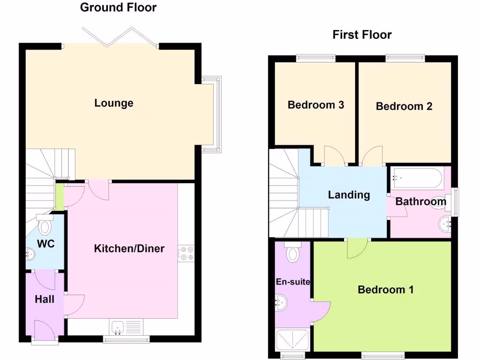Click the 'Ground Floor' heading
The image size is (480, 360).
pos(118,7)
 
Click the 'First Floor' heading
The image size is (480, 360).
pos(362,35)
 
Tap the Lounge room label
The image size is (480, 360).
pos(114,103)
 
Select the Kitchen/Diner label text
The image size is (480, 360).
pos(129,248)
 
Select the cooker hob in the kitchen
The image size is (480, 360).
pos(187,253)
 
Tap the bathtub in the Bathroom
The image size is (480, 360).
pos(416,178)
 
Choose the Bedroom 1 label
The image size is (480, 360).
pos(385,290)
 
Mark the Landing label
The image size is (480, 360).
pos(349,195)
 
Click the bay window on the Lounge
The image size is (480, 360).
pos(212,114)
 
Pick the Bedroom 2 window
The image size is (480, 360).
pos(405,58)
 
